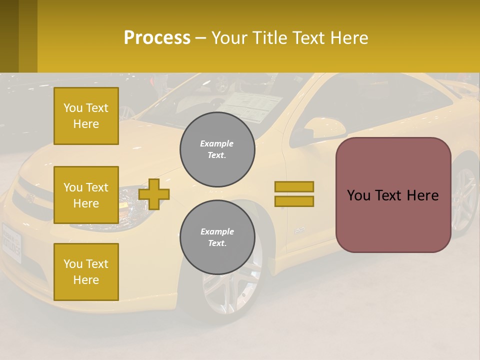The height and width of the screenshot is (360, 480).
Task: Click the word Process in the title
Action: coord(157,37)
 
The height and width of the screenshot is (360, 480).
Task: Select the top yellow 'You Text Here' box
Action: coord(86,116)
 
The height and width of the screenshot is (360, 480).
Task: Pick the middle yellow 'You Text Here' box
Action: coord(86,195)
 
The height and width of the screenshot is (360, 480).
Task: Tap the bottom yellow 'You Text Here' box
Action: coord(86,271)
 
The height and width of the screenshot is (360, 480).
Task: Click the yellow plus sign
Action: coord(154,194)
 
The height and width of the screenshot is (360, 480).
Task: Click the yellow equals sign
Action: coord(294,194)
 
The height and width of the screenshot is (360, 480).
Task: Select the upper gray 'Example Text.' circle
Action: coord(217,149)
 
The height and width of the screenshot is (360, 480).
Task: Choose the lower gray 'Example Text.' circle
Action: coord(217,237)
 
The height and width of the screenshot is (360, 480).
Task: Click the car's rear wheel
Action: coord(465,195)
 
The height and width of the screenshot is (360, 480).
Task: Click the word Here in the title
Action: coord(349,37)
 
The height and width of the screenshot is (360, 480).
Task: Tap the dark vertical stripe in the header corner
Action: coord(28,36)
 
